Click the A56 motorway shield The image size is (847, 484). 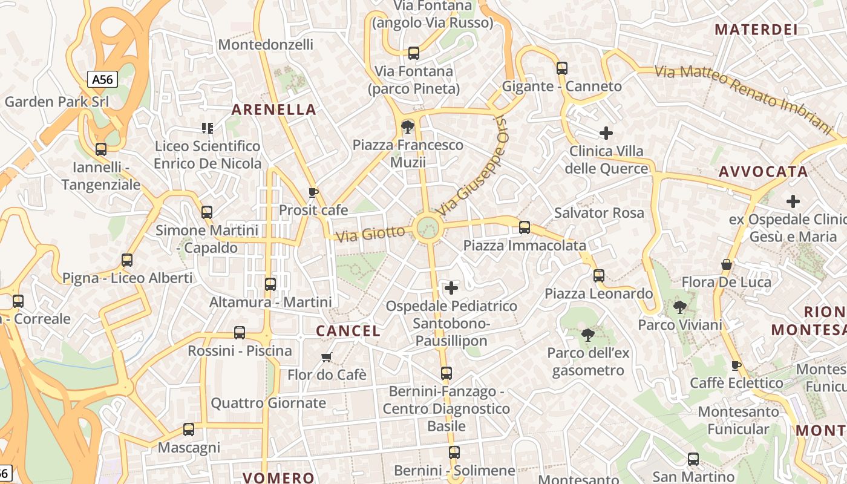(x=102, y=79)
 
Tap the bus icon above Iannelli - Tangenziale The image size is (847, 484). (x=101, y=149)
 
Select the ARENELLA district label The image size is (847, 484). (x=274, y=110)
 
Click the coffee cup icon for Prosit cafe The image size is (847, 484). (x=313, y=193)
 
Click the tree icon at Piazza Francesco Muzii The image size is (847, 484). (x=408, y=127)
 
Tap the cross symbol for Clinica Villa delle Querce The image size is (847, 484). (x=606, y=133)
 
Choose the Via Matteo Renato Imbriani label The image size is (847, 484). (x=744, y=97)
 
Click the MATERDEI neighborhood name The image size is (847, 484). (x=756, y=30)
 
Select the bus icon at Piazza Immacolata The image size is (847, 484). (x=525, y=227)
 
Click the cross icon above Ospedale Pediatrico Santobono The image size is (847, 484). (x=451, y=288)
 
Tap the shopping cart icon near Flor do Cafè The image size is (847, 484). (x=327, y=357)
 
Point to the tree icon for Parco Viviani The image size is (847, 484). (x=680, y=307)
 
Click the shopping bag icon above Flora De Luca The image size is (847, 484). (x=727, y=264)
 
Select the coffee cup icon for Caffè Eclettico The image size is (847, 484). (x=736, y=365)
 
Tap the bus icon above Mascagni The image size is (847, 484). (x=189, y=430)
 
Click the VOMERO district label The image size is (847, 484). (x=278, y=477)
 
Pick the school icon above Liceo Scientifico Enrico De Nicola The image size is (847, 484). (x=208, y=128)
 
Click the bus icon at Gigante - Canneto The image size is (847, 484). (x=562, y=68)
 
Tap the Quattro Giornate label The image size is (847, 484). (x=268, y=403)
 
